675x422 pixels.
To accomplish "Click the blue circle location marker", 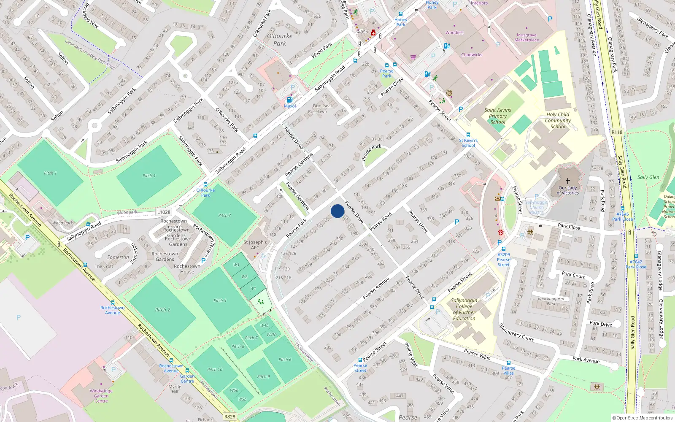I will [x=337, y=211].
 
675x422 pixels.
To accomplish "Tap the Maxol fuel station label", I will [x=290, y=106].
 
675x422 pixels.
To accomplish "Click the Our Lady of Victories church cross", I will [x=568, y=181].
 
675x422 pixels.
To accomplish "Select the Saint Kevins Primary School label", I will [x=498, y=116].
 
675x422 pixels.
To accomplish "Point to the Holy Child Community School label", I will [x=558, y=120].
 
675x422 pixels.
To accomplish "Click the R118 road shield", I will [x=617, y=132].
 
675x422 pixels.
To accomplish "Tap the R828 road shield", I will [x=230, y=417].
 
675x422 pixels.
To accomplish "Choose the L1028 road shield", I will [x=164, y=212].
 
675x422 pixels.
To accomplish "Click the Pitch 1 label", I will [x=50, y=173].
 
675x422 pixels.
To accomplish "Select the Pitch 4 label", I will [x=149, y=176].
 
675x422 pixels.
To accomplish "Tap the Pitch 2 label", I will [x=162, y=310].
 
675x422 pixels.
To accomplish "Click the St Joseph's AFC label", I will [x=255, y=245].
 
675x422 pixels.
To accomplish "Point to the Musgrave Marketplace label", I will [x=526, y=38].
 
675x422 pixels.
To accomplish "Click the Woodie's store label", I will [x=454, y=32].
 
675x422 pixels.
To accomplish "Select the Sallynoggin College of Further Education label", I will [x=464, y=309].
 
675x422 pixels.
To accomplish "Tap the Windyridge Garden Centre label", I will [x=101, y=396].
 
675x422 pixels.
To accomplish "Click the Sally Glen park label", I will [x=648, y=177].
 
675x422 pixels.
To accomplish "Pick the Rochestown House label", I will [x=187, y=269].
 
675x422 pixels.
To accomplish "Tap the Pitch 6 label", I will [x=285, y=360].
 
